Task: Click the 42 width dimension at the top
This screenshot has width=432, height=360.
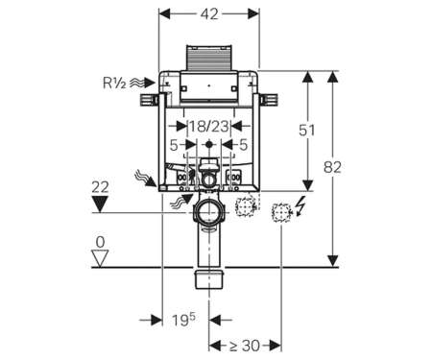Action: coord(209,13)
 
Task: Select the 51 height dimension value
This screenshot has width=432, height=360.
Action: coord(306,131)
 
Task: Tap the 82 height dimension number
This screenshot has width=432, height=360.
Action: coord(332,167)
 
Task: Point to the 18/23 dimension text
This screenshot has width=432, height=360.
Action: coord(209,127)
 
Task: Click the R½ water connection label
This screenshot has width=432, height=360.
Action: coord(114,83)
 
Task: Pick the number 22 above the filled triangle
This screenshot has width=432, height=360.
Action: coord(100,187)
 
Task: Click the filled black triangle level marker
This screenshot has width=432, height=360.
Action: coord(100,204)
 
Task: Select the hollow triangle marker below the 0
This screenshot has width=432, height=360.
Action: coord(100,258)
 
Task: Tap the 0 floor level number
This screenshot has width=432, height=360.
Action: coord(100,242)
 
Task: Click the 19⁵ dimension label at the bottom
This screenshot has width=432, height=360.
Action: coord(183,320)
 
